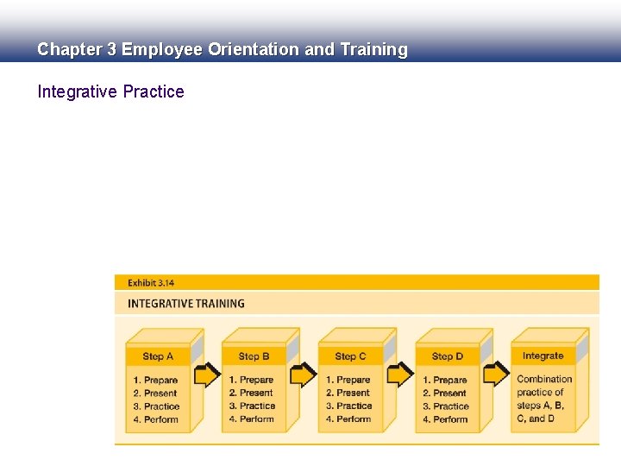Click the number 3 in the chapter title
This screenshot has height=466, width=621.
click(x=111, y=50)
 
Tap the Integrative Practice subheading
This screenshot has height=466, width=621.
click(x=110, y=91)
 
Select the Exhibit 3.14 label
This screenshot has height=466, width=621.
click(x=151, y=282)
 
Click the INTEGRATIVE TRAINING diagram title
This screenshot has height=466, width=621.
click(x=185, y=304)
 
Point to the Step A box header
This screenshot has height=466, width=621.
click(x=158, y=356)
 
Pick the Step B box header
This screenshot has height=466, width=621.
click(x=254, y=356)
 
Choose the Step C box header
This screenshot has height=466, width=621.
click(x=350, y=356)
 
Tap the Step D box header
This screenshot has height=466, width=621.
click(x=447, y=356)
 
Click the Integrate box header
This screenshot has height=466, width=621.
click(x=543, y=356)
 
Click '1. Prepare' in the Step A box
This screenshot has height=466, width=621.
click(x=156, y=381)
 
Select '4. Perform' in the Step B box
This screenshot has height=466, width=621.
click(x=252, y=419)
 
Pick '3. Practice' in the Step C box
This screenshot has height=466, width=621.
click(x=349, y=406)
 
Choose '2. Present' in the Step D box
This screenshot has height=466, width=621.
click(x=445, y=394)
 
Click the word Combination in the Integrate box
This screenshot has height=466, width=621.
click(x=544, y=379)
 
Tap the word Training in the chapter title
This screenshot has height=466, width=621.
click(x=373, y=50)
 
